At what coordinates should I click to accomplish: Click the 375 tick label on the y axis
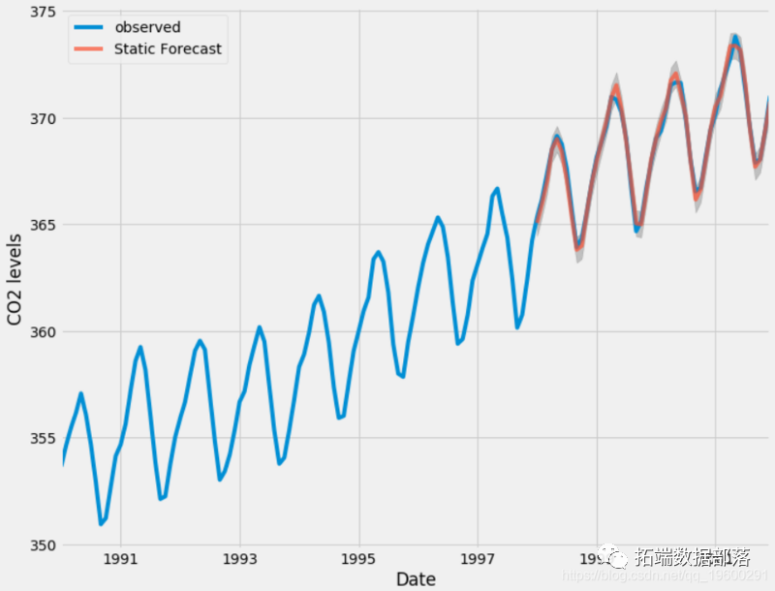click(x=43, y=12)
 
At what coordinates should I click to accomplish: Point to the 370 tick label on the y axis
click(x=43, y=118)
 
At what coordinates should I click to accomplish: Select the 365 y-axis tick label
click(x=43, y=225)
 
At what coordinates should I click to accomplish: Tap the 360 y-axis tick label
click(x=43, y=331)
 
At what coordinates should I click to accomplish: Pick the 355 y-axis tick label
click(x=43, y=438)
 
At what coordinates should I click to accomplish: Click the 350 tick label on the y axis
click(x=43, y=544)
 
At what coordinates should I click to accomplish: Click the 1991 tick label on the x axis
click(x=120, y=560)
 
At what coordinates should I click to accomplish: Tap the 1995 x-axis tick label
click(x=359, y=560)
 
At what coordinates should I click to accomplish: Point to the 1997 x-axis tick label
click(x=479, y=560)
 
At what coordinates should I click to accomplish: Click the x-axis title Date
click(x=416, y=578)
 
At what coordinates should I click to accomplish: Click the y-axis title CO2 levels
click(x=16, y=278)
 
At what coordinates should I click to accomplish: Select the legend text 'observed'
click(x=147, y=27)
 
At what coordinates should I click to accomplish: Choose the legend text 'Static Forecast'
click(x=168, y=48)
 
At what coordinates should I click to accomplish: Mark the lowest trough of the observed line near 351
click(x=101, y=524)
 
